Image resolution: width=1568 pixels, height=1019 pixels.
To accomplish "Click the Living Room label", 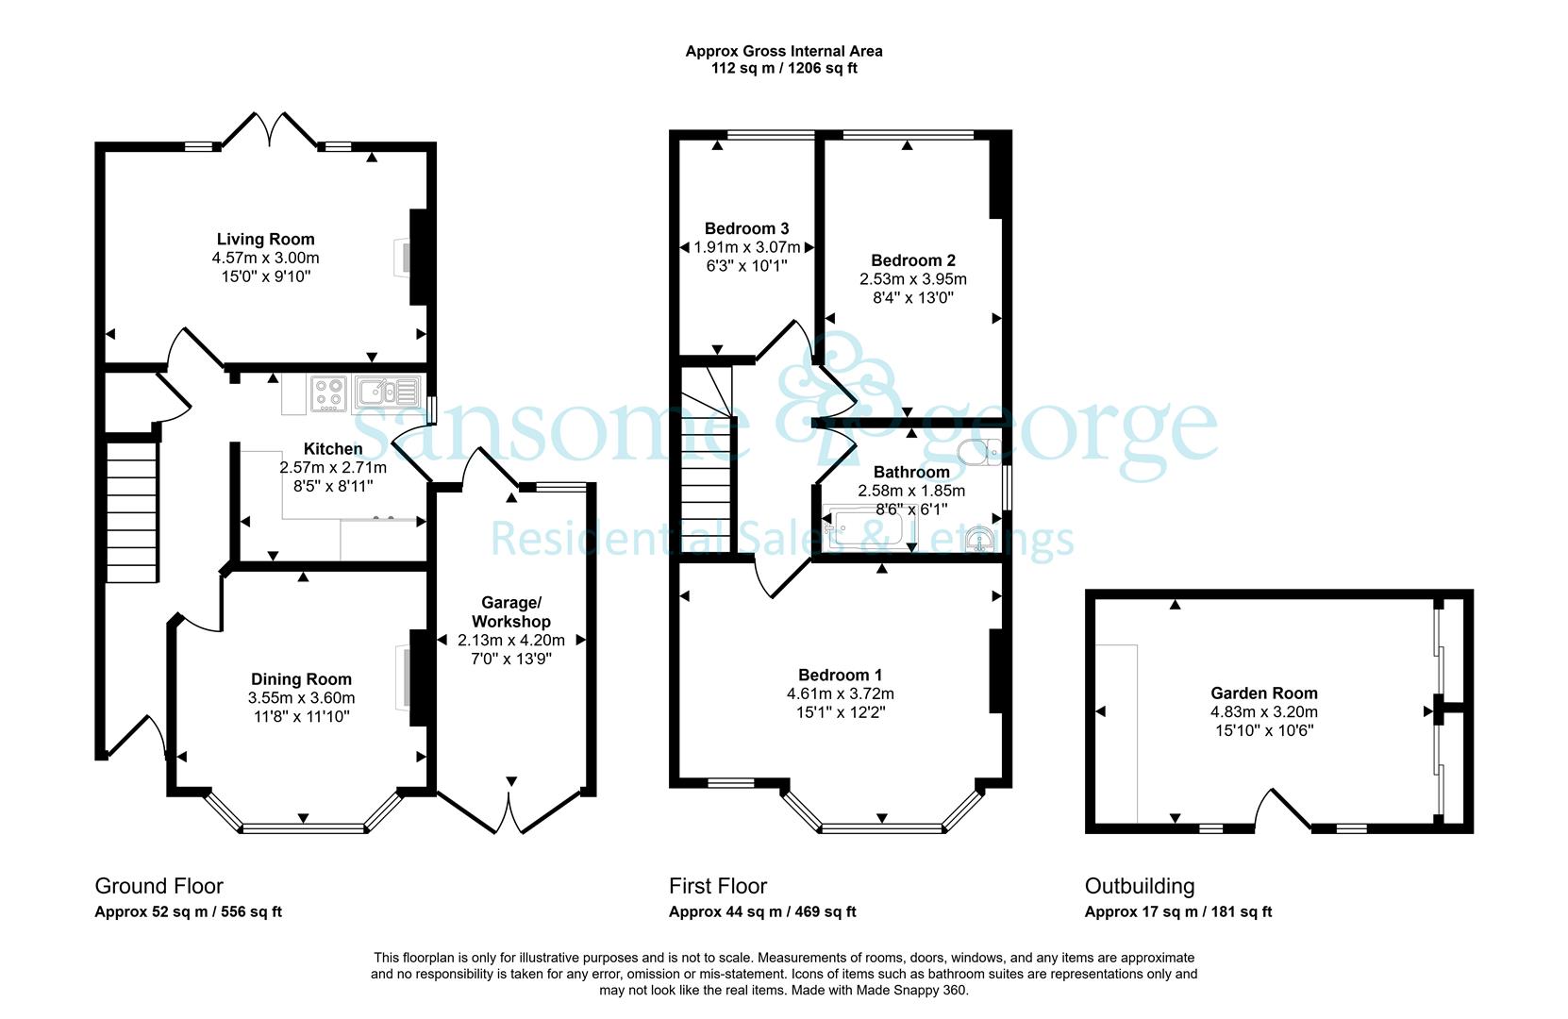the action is click(265, 240).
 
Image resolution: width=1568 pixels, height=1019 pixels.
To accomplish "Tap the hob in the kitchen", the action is click(329, 394).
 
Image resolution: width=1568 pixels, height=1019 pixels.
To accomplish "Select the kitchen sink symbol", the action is click(389, 393).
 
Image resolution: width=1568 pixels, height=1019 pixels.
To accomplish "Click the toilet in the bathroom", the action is click(980, 452).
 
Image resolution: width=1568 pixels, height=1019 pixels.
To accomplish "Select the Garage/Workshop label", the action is click(511, 611).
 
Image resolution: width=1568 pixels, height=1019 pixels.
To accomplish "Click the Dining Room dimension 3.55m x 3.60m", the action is click(301, 698).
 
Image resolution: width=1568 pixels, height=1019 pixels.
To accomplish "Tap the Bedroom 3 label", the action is click(746, 228).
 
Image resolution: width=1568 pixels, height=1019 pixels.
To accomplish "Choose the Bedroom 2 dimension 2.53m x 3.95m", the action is click(913, 279).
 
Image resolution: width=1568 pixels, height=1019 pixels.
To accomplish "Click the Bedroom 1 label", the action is click(840, 675).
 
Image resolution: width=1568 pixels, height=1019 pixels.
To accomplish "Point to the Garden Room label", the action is click(1264, 693).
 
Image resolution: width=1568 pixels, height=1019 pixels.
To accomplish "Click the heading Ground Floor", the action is click(158, 886).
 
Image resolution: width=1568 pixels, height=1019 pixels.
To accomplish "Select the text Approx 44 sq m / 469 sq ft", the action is click(762, 912).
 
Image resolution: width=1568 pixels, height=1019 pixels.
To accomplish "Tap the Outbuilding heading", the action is click(1140, 886).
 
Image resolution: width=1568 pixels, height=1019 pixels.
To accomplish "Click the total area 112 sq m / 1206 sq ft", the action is click(784, 69).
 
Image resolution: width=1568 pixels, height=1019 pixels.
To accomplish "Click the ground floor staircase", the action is click(131, 511).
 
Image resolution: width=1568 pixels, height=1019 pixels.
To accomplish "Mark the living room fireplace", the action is click(411, 258).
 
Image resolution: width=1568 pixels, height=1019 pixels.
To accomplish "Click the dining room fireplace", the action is click(412, 677).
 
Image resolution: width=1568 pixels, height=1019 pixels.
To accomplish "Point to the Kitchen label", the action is click(333, 448).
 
